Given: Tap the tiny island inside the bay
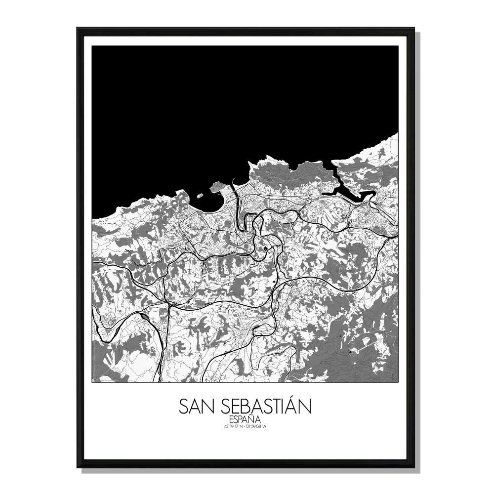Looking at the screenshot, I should (202, 196).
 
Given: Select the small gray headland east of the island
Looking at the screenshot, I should (217, 187).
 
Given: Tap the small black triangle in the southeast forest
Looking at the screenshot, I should (350, 351).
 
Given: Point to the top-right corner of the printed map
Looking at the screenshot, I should (398, 46).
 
